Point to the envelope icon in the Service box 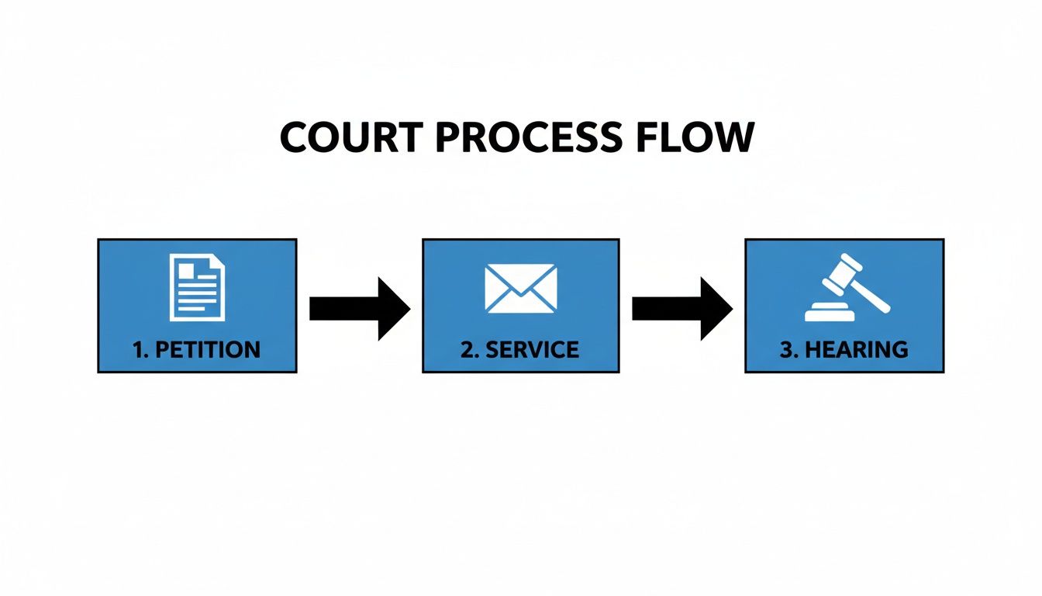pyautogui.click(x=520, y=289)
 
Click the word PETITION pyautogui.click(x=208, y=350)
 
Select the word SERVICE pyautogui.click(x=531, y=350)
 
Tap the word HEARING pyautogui.click(x=856, y=350)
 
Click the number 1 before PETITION pyautogui.click(x=139, y=350)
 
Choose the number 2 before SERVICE pyautogui.click(x=467, y=350)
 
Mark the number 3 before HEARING pyautogui.click(x=787, y=350)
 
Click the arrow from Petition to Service pyautogui.click(x=359, y=308)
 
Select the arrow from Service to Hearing pyautogui.click(x=682, y=308)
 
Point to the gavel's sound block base pyautogui.click(x=830, y=314)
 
